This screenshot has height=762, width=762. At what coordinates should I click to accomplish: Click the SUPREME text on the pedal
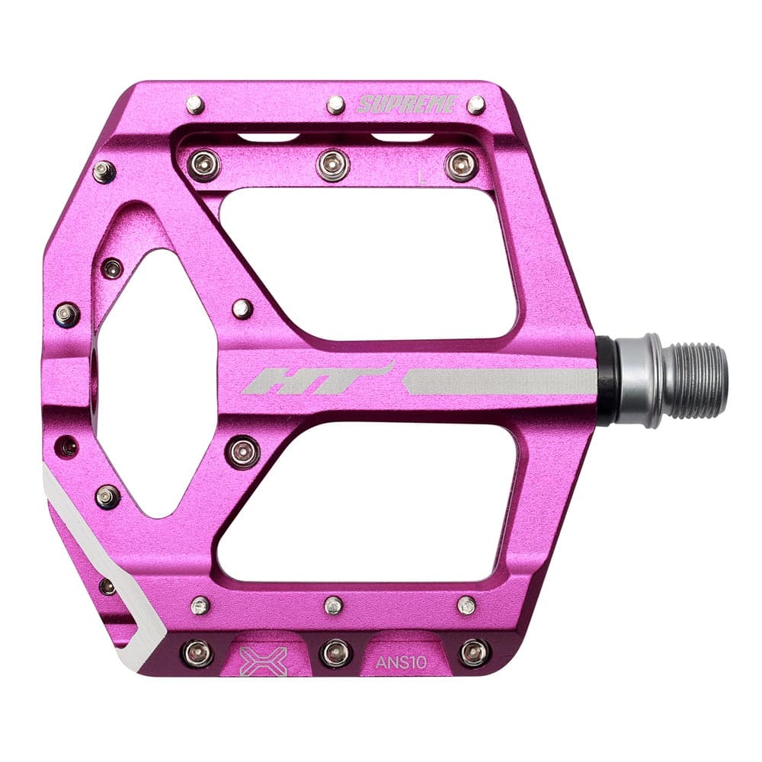pyautogui.click(x=406, y=104)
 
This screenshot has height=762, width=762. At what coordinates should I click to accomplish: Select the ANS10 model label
pyautogui.click(x=401, y=661)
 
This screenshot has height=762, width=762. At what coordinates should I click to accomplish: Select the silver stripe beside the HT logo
pyautogui.click(x=499, y=381)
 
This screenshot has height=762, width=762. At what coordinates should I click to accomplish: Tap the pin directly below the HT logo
pyautogui.click(x=243, y=451)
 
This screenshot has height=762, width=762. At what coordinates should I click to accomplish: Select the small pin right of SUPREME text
pyautogui.click(x=476, y=105)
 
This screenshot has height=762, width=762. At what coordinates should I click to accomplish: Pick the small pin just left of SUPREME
pyautogui.click(x=336, y=105)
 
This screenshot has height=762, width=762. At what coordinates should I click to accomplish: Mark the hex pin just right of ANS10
pyautogui.click(x=474, y=652)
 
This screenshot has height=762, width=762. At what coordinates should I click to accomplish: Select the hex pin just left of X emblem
pyautogui.click(x=196, y=652)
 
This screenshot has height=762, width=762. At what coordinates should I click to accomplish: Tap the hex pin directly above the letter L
pyautogui.click(x=461, y=164)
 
